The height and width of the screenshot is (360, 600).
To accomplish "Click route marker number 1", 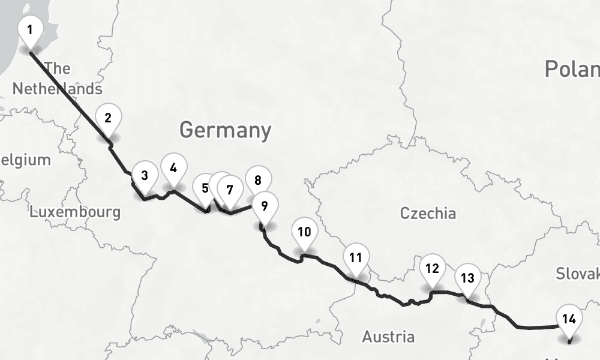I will click(30, 29).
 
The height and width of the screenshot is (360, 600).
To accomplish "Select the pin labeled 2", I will click(108, 118).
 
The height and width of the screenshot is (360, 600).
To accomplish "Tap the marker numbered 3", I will click(145, 176).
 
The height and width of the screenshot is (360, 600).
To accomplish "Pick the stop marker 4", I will click(173, 168).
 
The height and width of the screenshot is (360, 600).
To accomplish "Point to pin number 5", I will click(205, 188).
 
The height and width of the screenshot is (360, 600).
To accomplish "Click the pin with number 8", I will click(258, 180).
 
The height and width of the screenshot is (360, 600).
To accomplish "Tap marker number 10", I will click(304, 232).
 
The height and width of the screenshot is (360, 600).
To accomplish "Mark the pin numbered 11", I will click(356, 258).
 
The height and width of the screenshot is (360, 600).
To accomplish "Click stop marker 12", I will click(432, 268).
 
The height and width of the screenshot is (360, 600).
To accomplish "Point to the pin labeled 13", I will click(467, 278).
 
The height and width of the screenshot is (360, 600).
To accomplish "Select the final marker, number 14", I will click(569, 319).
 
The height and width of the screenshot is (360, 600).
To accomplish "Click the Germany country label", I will click(225, 130).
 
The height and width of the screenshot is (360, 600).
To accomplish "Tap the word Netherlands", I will click(57, 89).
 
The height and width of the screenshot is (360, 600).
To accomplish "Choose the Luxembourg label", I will click(75, 212).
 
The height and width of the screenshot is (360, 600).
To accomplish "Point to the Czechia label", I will click(428, 213).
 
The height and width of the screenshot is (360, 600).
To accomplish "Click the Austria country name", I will click(388, 337).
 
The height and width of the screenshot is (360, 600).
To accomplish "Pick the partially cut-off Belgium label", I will click(25, 160).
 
